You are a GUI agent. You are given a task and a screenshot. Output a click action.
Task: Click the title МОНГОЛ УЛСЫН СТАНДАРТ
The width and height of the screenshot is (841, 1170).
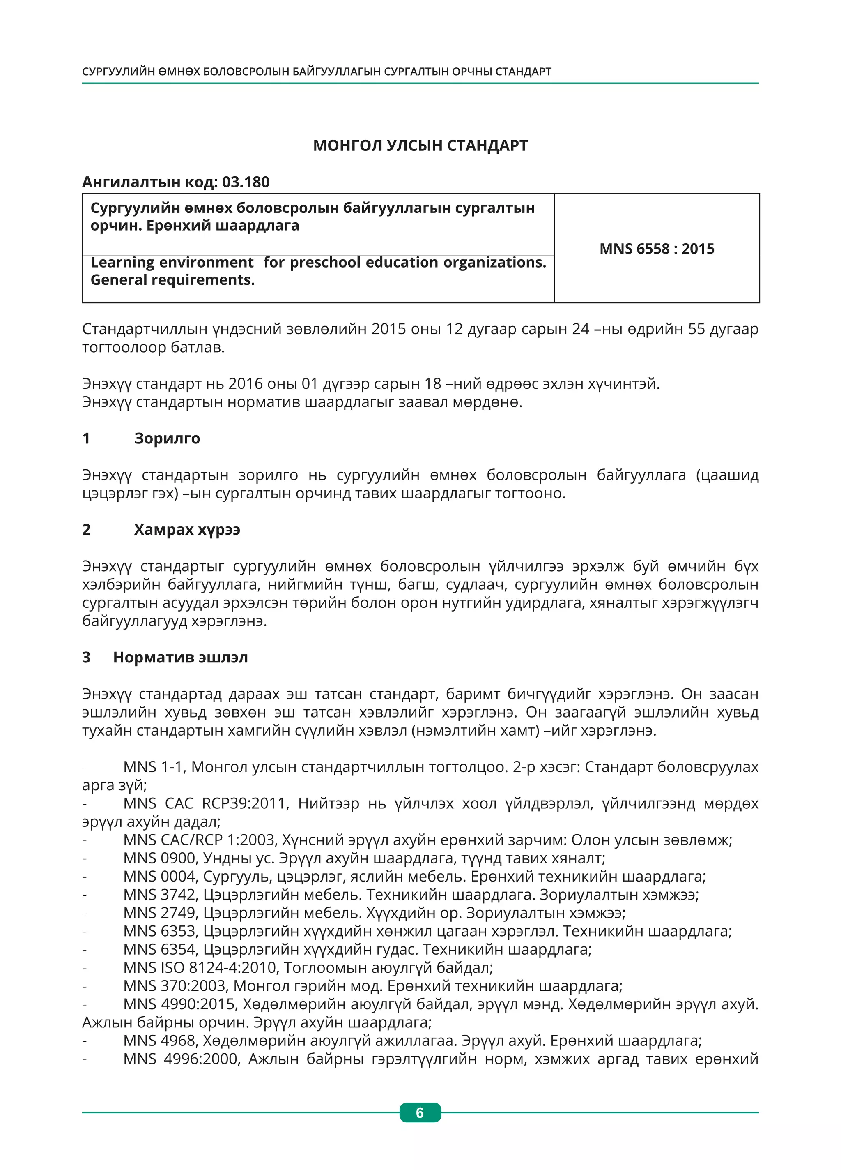420,145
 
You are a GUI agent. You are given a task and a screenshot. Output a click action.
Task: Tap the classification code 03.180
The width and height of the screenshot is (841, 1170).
246,182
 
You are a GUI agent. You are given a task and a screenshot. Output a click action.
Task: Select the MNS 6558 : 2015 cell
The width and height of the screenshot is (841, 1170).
656,249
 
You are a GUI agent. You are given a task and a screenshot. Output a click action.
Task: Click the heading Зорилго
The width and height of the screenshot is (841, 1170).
167,438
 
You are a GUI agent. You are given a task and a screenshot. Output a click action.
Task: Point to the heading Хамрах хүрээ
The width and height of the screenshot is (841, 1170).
187,529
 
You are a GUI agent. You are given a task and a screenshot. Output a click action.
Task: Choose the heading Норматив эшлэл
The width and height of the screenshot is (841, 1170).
180,657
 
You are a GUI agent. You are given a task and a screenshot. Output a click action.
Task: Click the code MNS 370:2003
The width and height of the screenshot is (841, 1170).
175,985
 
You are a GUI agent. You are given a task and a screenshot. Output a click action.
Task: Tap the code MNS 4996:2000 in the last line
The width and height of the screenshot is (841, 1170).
180,1059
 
